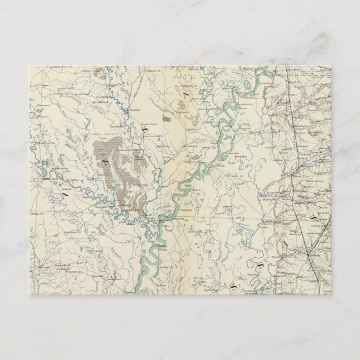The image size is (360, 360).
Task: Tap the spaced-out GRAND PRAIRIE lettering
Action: [x=115, y=133]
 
